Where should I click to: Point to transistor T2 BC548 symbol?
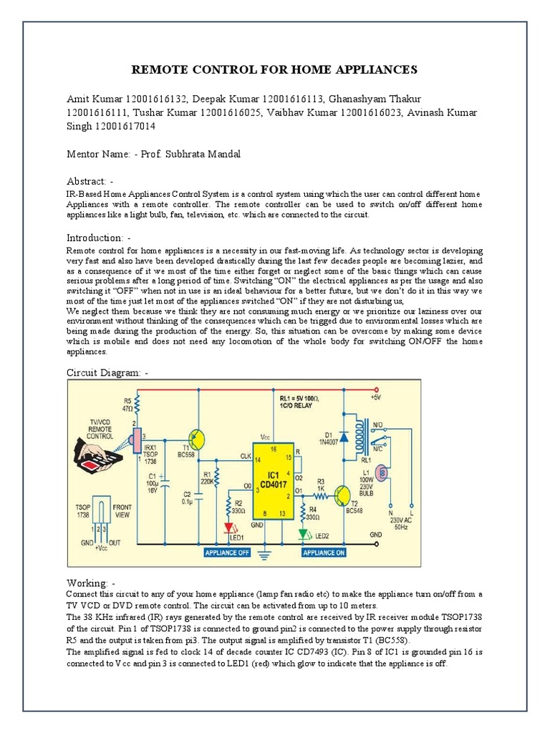tap(342, 494)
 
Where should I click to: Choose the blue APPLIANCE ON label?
tap(324, 553)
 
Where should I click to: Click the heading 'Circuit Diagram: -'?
tap(108, 372)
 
